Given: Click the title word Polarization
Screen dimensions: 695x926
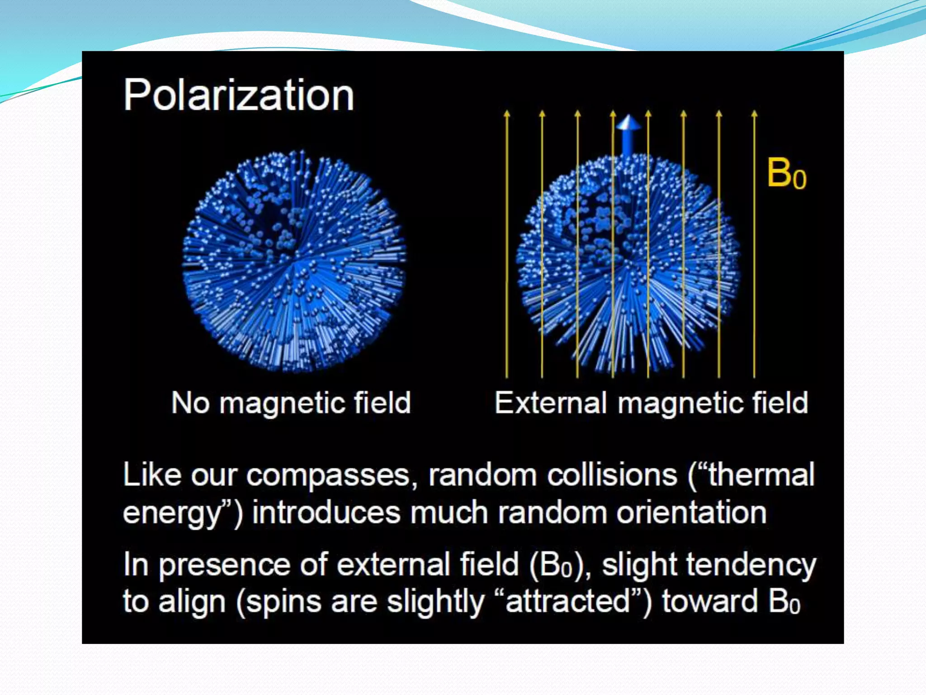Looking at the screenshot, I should (238, 95).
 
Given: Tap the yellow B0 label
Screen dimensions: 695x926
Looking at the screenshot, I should (786, 174).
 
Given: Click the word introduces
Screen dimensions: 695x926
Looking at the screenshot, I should (326, 513).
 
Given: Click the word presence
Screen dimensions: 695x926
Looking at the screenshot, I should (224, 566).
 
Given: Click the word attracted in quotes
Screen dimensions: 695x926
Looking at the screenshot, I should (568, 602).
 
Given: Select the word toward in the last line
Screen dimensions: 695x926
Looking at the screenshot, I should (709, 602).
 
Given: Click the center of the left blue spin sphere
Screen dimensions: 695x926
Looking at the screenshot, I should (294, 261).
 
